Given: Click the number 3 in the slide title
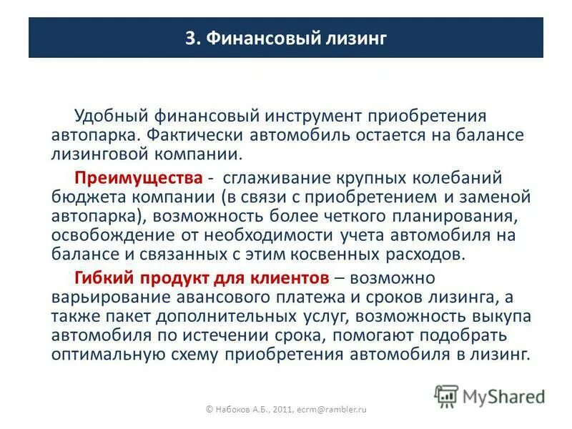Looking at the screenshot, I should pos(190,39).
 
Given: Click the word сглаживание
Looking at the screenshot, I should pos(275,177).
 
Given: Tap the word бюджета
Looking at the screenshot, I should pos(80,196).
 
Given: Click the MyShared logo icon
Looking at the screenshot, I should pos(447,395).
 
